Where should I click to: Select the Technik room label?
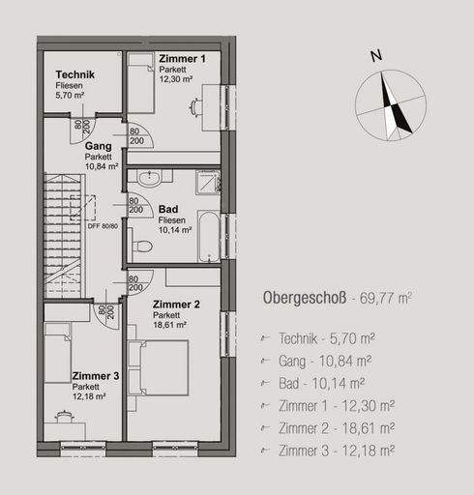coord(74,75)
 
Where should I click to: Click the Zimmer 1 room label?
coord(182,60)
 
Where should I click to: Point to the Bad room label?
coord(166,209)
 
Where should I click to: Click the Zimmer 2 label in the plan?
coord(176,305)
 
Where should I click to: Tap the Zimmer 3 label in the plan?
coord(96,376)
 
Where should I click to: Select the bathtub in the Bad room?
coord(209,235)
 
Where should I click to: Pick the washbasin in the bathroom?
coord(150,179)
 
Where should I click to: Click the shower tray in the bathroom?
coord(208,184)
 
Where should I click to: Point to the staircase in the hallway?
coord(60,232)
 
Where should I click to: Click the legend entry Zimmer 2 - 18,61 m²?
coord(335,427)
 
